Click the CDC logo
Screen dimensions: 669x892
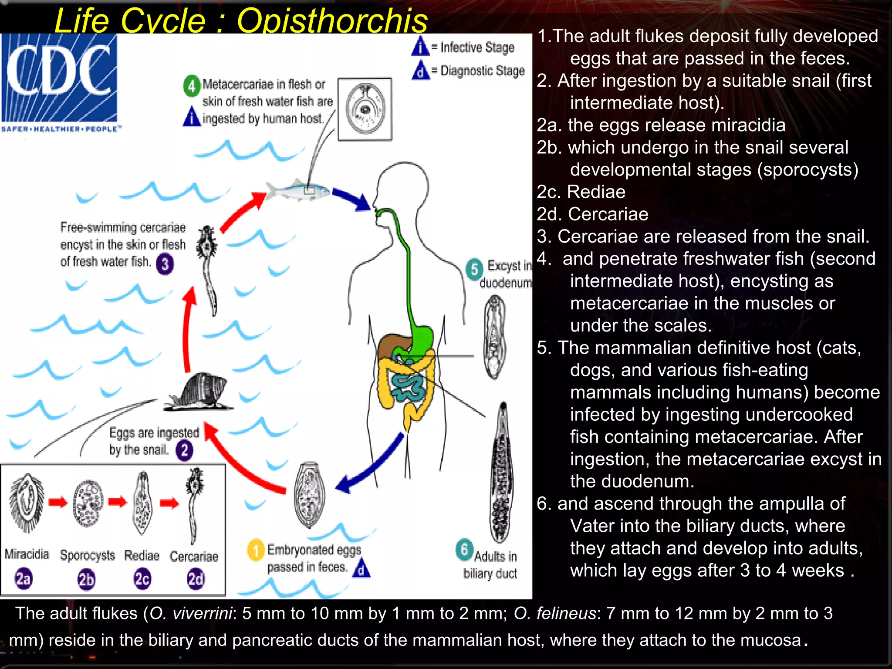(x=59, y=78)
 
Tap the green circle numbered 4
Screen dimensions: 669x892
(x=192, y=86)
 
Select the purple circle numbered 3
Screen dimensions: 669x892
(x=165, y=264)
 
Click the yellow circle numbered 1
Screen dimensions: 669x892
(x=256, y=550)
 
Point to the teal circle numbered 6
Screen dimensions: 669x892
(x=464, y=550)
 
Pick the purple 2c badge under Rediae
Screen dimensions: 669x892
(x=142, y=579)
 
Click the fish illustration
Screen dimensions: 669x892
(x=299, y=190)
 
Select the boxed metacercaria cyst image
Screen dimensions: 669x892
(x=365, y=109)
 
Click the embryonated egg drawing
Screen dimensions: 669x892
(x=309, y=495)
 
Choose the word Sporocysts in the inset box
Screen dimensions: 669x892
(x=87, y=555)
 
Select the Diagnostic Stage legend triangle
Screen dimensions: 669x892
(x=420, y=71)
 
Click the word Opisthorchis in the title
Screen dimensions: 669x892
(x=332, y=21)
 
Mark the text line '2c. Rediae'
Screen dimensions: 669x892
(x=581, y=192)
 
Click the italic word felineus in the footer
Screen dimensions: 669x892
(x=554, y=613)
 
